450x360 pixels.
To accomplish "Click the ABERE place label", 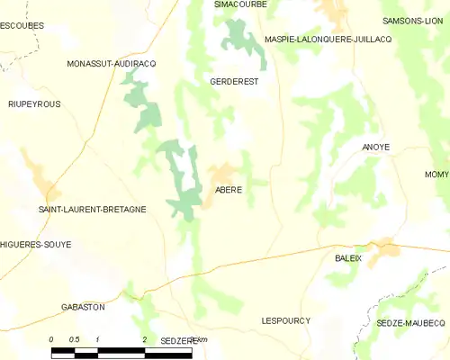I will [x=229, y=190].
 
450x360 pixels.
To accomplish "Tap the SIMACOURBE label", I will [x=240, y=4].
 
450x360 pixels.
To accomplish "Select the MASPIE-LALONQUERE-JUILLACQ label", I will [x=328, y=39].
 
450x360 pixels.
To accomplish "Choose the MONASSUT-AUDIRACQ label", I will [x=112, y=64].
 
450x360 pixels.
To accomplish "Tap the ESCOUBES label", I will [x=22, y=26].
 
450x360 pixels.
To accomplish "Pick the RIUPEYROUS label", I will [x=34, y=104].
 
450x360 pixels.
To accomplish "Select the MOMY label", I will [x=437, y=173].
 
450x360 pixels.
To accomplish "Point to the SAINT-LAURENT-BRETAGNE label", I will [x=92, y=209].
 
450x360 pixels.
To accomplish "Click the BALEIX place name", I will [x=348, y=257].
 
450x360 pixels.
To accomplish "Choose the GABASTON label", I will [x=83, y=307].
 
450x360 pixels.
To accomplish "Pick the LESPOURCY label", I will [x=285, y=320].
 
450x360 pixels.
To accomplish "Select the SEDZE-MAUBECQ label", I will [x=411, y=322].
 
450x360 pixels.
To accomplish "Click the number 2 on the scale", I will [x=144, y=339].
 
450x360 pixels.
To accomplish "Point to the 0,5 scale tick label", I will [x=75, y=339].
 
